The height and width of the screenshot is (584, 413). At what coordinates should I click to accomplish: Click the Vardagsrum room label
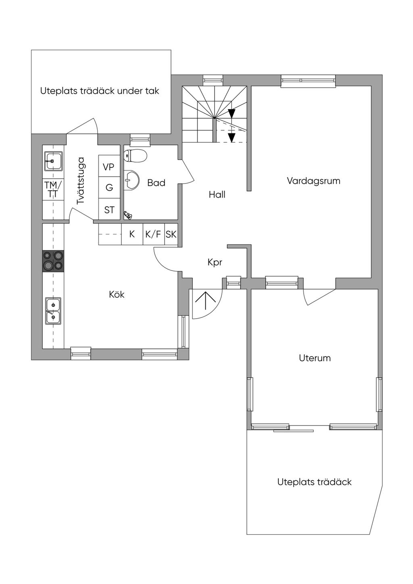(313, 181)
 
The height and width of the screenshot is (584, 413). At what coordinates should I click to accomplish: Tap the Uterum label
(315, 358)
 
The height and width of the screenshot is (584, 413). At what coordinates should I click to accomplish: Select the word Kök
(117, 294)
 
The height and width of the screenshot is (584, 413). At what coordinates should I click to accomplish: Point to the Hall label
(217, 194)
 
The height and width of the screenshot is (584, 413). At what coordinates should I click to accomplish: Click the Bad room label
(156, 183)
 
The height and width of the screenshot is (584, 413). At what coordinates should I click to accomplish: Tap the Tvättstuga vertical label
(81, 180)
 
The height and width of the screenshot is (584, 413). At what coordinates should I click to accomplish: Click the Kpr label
(215, 262)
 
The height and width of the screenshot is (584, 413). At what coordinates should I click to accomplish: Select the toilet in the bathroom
(136, 156)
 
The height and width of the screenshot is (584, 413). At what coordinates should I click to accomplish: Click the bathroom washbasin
(131, 179)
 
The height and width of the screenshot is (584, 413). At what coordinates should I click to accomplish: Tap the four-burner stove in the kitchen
(53, 261)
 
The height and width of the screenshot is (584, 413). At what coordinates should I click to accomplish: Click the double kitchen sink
(53, 311)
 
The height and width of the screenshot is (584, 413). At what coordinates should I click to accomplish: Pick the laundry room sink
(53, 161)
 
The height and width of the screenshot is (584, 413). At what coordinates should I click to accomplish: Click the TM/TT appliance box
(53, 190)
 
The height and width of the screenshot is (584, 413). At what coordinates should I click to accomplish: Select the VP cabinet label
(108, 167)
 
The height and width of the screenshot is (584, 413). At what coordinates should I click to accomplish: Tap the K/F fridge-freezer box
(154, 234)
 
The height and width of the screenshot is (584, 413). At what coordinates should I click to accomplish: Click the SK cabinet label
(171, 235)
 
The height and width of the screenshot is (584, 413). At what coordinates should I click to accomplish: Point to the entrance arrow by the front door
(206, 300)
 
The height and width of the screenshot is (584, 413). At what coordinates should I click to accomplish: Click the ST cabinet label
(109, 210)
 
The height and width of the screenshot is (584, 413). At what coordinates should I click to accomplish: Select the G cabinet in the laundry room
(109, 188)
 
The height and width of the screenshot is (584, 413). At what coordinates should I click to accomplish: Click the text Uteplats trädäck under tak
(100, 91)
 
